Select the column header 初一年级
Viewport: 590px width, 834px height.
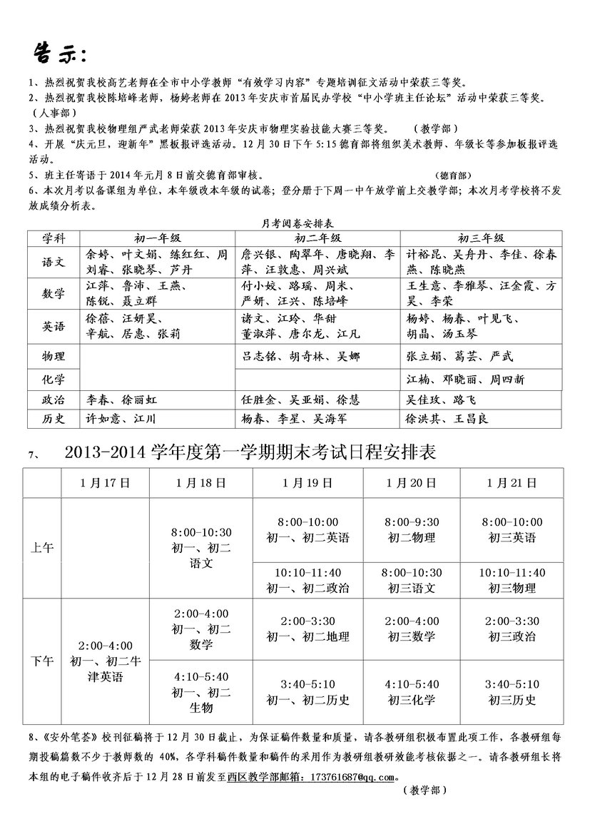(158, 238)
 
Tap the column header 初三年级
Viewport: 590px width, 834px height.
(480, 238)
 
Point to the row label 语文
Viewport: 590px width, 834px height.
(54, 262)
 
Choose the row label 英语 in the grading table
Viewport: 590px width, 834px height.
(54, 326)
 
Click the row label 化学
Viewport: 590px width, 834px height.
(54, 378)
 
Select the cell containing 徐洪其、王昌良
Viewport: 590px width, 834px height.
(447, 419)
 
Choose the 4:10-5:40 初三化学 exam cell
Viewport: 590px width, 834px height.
(412, 692)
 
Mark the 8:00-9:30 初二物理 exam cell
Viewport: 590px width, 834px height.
(412, 530)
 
